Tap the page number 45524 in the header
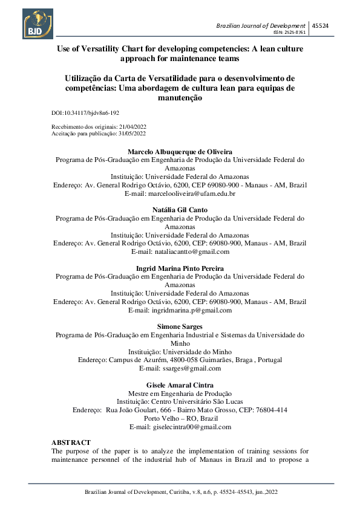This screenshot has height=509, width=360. (x=320, y=25)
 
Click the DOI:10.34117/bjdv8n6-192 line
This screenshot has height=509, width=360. (x=85, y=113)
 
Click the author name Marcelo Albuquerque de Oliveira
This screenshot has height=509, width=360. (x=180, y=151)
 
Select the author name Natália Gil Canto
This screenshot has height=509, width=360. (x=180, y=210)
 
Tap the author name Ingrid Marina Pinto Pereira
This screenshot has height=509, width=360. (x=180, y=268)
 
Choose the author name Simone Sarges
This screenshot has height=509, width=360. (x=180, y=326)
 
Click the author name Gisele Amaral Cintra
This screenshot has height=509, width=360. (x=180, y=384)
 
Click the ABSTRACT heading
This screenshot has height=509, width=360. (x=71, y=443)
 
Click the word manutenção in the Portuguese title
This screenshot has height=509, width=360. (x=180, y=97)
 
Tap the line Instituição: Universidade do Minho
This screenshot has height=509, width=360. (x=180, y=351)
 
